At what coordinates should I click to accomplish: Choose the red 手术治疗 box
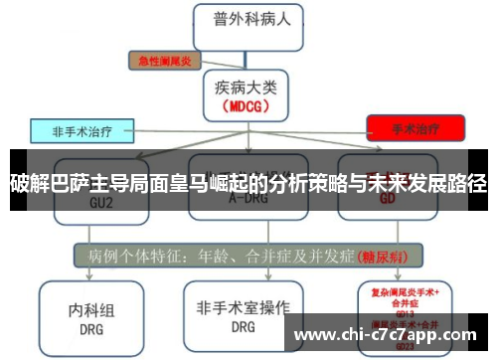tap(414, 128)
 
